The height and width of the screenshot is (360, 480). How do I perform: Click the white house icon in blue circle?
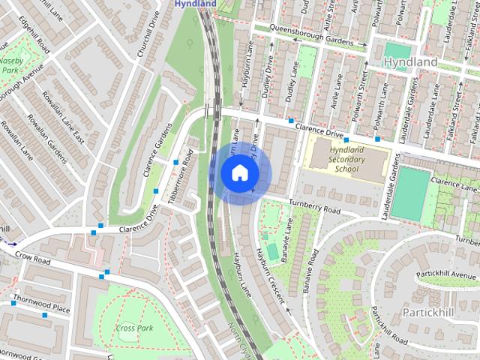[239, 173]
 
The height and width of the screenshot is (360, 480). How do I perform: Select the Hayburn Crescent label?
[270, 275]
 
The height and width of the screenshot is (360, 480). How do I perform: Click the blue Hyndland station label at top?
[195, 4]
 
